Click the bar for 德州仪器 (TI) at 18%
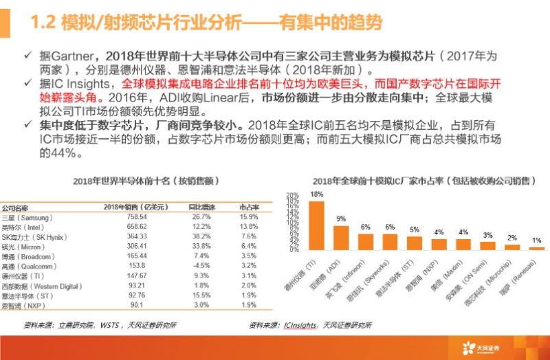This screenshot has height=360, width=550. pyautogui.click(x=316, y=225)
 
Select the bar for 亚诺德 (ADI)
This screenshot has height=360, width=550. pyautogui.click(x=340, y=237)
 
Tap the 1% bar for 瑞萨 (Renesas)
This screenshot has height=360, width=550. pyautogui.click(x=536, y=248)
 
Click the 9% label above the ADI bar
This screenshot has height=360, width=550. pyautogui.click(x=340, y=218)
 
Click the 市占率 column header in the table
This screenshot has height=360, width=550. pyautogui.click(x=247, y=206)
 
